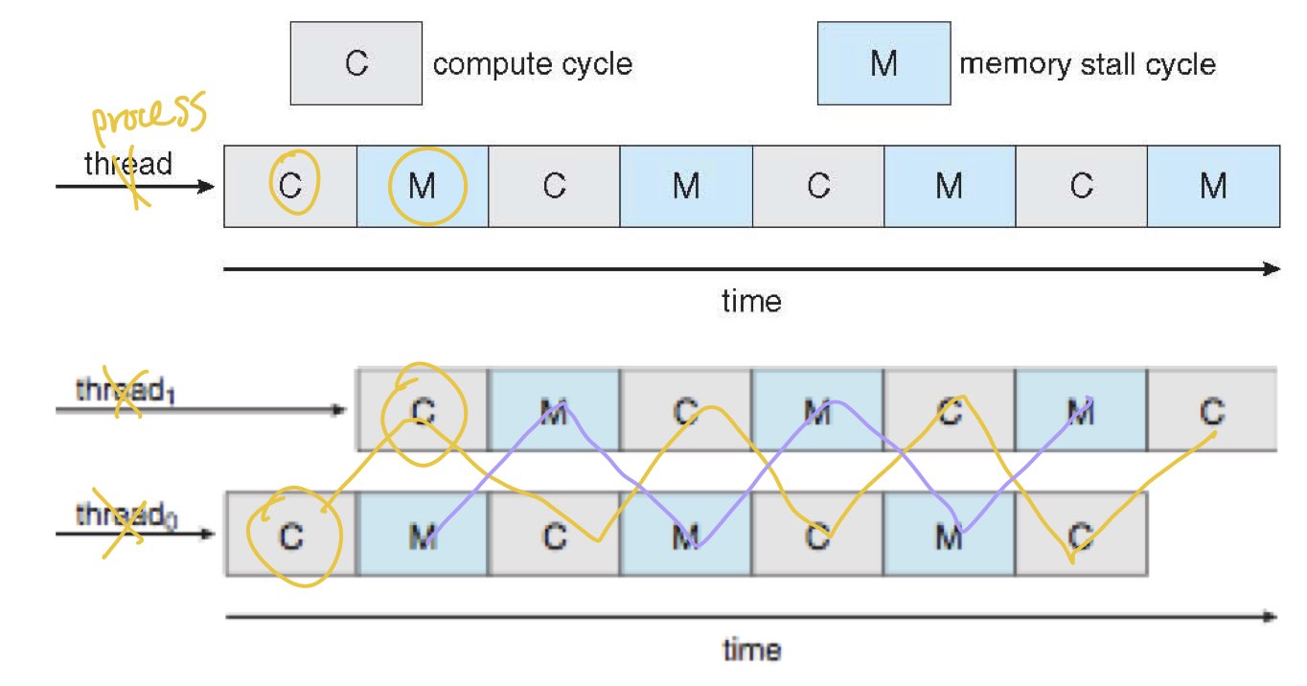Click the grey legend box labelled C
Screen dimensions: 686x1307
[x=355, y=65]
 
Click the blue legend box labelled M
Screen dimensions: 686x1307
[x=883, y=65]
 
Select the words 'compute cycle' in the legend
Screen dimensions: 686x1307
[x=533, y=65]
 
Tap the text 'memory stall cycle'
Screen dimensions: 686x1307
[x=1087, y=65]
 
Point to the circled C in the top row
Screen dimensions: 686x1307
[x=290, y=186]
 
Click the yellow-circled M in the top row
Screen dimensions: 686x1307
[x=423, y=186]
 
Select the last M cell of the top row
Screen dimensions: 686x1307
[x=1213, y=186]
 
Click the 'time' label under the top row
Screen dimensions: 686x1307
[x=751, y=302]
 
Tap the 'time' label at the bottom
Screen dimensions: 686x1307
[x=751, y=651]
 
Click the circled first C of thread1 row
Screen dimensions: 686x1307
[x=423, y=410]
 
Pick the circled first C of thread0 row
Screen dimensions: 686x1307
[x=291, y=537]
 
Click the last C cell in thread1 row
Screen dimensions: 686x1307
[x=1212, y=411]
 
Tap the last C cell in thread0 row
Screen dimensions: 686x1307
[x=1081, y=537]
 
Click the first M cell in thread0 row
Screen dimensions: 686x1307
[x=423, y=537]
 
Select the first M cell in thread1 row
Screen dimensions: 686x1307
[x=554, y=411]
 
